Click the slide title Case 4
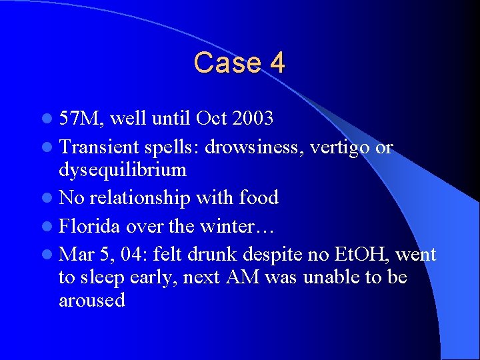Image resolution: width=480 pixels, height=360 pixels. pos(239,63)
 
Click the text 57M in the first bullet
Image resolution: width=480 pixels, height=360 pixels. pos(80,119)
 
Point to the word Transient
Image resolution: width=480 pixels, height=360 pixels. pos(98,146)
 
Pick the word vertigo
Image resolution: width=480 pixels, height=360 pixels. pos(339,147)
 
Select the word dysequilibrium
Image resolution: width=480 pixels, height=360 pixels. pos(122,170)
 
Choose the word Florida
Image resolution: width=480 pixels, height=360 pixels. pos(89,226)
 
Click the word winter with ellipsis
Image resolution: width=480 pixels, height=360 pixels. pos(236,226)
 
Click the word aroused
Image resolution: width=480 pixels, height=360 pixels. pos(92,301)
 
